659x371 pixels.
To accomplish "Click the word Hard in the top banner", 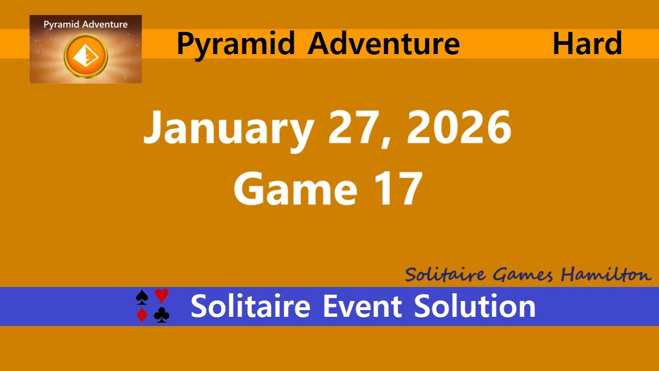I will (587, 44).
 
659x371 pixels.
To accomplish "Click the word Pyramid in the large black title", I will (236, 44).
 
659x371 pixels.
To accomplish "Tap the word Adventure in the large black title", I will (384, 44).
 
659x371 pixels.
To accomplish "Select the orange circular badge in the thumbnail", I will (85, 56).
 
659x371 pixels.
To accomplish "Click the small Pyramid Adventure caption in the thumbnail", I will (85, 24).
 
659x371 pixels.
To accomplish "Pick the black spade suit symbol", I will (142, 297).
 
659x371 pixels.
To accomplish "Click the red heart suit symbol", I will (162, 296).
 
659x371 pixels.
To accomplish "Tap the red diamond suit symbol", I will (142, 315).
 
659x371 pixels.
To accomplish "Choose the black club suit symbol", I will (162, 315).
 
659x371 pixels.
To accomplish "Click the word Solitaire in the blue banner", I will (250, 306).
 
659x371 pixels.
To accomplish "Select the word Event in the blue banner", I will (362, 306).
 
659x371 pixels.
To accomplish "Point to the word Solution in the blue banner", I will (475, 306).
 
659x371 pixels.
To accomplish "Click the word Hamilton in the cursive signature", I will (606, 275).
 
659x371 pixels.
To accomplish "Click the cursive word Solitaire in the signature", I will (445, 275).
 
